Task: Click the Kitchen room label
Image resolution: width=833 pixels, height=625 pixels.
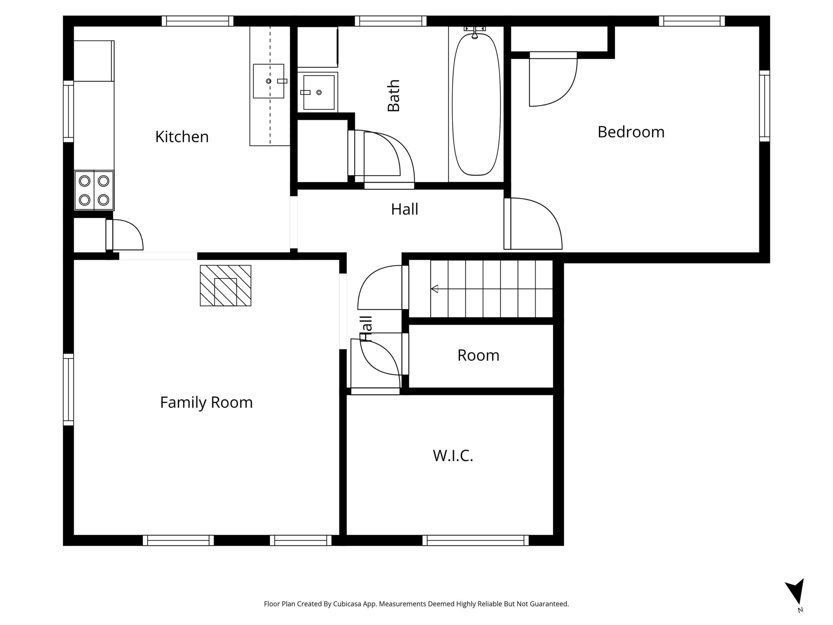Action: [x=182, y=137]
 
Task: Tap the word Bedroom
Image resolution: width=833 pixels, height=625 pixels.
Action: [x=631, y=132]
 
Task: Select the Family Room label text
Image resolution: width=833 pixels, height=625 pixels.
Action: [x=206, y=402]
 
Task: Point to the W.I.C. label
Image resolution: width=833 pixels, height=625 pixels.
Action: [x=453, y=455]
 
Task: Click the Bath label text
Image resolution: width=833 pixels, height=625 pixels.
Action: [x=393, y=96]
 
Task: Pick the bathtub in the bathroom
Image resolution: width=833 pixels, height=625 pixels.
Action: [x=476, y=104]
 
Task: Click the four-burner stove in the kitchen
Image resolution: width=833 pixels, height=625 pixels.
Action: [x=94, y=190]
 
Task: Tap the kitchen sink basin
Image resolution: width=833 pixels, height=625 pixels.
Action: [x=268, y=81]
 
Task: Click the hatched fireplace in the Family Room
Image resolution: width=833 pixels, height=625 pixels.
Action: [x=225, y=285]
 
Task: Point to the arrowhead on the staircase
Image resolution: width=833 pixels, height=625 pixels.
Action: [x=435, y=289]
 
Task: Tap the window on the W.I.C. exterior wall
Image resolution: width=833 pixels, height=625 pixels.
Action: [x=475, y=540]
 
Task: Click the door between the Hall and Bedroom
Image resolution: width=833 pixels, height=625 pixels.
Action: [x=533, y=223]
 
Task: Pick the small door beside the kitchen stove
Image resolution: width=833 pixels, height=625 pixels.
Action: [x=125, y=235]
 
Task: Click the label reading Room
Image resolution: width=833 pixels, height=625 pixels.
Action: [x=478, y=355]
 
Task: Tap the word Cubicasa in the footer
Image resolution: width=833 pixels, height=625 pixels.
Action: [x=347, y=604]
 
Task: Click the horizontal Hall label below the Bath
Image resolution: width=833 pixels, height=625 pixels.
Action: [x=404, y=209]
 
